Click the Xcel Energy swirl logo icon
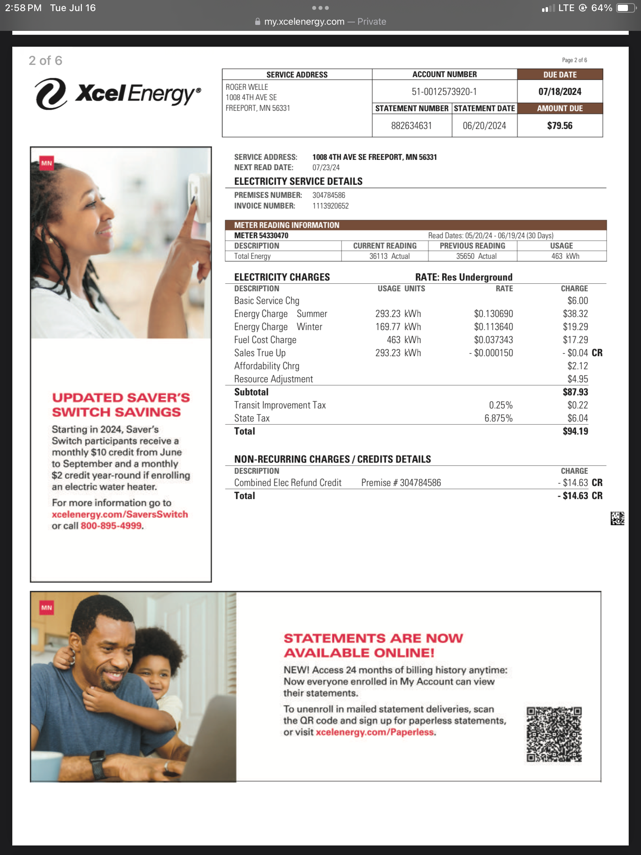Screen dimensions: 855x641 click(x=51, y=94)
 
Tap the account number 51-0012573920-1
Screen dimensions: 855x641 click(x=444, y=92)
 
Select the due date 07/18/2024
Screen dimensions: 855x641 click(x=559, y=92)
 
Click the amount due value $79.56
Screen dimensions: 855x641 click(x=559, y=126)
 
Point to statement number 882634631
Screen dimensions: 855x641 click(x=411, y=126)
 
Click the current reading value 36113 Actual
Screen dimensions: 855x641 click(x=389, y=256)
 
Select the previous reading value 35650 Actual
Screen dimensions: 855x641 click(x=476, y=256)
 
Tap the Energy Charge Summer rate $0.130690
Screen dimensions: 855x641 click(x=493, y=314)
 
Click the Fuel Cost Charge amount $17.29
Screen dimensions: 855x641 click(x=575, y=340)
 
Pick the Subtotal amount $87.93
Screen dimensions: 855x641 click(x=575, y=392)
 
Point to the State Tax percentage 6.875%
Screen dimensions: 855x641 click(x=498, y=418)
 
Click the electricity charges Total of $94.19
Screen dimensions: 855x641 click(x=575, y=431)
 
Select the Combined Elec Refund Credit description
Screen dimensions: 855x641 click(x=288, y=483)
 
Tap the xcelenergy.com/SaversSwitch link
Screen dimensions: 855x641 click(x=119, y=515)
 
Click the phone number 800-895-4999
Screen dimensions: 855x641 click(x=111, y=526)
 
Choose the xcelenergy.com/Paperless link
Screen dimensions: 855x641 click(x=375, y=732)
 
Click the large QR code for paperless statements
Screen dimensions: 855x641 click(x=554, y=735)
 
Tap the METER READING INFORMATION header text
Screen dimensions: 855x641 click(x=286, y=225)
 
